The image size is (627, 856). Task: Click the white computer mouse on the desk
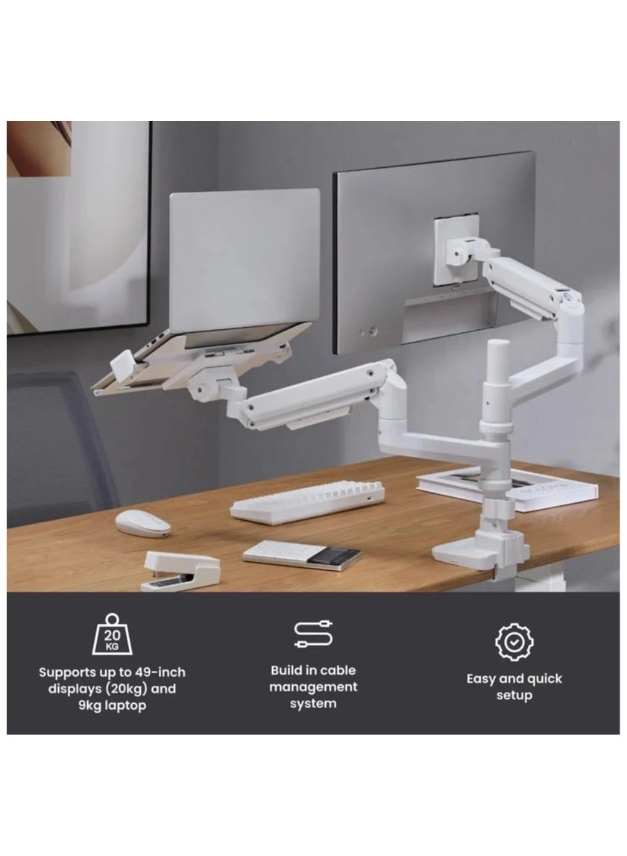pyautogui.click(x=143, y=523)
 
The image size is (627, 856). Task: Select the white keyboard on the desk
pyautogui.click(x=307, y=502)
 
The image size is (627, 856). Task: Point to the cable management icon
pyautogui.click(x=313, y=634)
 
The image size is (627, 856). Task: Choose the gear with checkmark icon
pyautogui.click(x=514, y=642)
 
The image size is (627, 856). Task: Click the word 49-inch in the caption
pyautogui.click(x=160, y=672)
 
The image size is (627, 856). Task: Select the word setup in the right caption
pyautogui.click(x=514, y=696)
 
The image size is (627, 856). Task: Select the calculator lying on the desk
pyautogui.click(x=302, y=556)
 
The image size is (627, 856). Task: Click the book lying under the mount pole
pyautogui.click(x=507, y=487)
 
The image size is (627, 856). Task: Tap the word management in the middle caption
pyautogui.click(x=313, y=687)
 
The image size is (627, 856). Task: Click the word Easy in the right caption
pyautogui.click(x=480, y=679)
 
